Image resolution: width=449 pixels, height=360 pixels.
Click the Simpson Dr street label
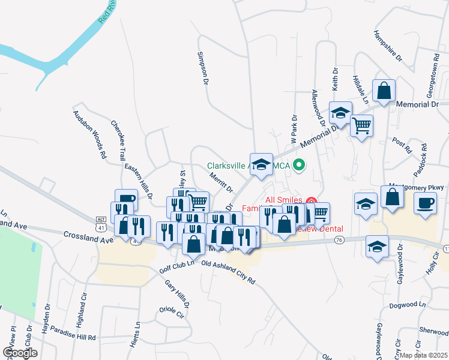coord(203,67)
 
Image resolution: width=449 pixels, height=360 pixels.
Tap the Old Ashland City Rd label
coord(228,272)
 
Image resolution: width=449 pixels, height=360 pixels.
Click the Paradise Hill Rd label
coord(73,337)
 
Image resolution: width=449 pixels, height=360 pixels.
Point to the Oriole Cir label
coord(171,313)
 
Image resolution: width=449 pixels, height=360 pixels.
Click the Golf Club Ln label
coord(177,267)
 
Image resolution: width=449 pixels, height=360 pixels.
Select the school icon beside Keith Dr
coord(340,113)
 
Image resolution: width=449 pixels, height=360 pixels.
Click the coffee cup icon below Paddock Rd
coord(425,203)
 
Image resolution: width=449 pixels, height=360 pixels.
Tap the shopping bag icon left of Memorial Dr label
coord(384,91)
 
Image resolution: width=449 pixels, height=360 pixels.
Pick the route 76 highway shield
coord(340,240)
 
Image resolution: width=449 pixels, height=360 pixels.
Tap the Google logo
coord(20,352)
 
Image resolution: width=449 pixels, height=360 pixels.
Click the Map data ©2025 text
coord(424,355)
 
